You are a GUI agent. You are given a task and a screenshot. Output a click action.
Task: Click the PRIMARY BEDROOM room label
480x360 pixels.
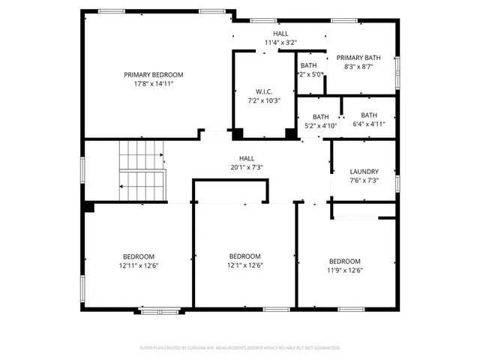(x=153, y=74)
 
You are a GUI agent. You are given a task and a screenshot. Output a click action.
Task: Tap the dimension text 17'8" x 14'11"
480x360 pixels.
(x=153, y=84)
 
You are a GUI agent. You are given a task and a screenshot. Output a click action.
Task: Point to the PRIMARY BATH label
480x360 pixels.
(x=358, y=58)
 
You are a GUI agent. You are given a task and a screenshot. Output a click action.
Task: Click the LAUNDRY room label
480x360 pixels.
(x=364, y=171)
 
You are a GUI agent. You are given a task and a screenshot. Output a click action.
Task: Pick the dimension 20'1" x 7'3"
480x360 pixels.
(x=246, y=168)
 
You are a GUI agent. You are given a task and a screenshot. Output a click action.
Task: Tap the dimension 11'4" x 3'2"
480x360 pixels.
(x=280, y=43)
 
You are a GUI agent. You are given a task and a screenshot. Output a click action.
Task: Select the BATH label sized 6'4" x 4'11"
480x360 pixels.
(x=368, y=115)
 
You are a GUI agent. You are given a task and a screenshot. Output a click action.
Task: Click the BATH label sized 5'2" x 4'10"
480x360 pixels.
(x=320, y=116)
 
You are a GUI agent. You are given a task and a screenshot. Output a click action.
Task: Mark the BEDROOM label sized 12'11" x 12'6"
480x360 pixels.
(x=139, y=256)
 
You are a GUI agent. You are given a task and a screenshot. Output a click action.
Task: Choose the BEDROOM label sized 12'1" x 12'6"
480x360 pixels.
(x=244, y=256)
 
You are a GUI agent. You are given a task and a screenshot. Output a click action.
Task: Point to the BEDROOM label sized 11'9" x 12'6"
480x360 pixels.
(x=344, y=261)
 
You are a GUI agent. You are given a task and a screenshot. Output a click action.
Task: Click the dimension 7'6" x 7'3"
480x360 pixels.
(x=364, y=181)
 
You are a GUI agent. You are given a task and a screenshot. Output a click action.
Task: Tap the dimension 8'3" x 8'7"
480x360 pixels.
(x=358, y=67)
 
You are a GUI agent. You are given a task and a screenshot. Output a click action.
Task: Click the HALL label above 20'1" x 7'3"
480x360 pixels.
(x=246, y=158)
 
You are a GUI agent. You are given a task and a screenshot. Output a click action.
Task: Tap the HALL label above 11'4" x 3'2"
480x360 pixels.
(x=280, y=34)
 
